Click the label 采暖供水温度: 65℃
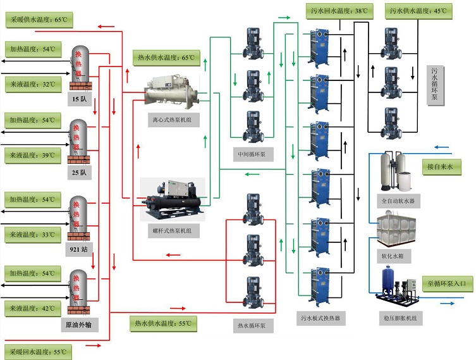[38, 20]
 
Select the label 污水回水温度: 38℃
[341, 10]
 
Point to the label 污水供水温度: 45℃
[421, 10]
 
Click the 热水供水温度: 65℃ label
[166, 58]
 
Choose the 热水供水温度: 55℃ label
[162, 323]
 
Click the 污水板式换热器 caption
[322, 318]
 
